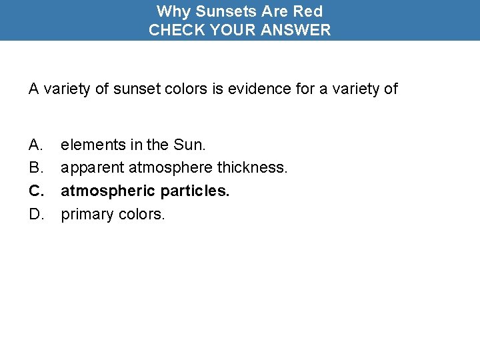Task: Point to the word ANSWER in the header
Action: (x=299, y=30)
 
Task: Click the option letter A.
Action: (x=35, y=144)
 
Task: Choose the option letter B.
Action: (x=35, y=167)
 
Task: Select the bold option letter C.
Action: (x=36, y=191)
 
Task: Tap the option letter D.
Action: (x=36, y=214)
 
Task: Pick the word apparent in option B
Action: (x=93, y=167)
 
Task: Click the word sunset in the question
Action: (x=134, y=89)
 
